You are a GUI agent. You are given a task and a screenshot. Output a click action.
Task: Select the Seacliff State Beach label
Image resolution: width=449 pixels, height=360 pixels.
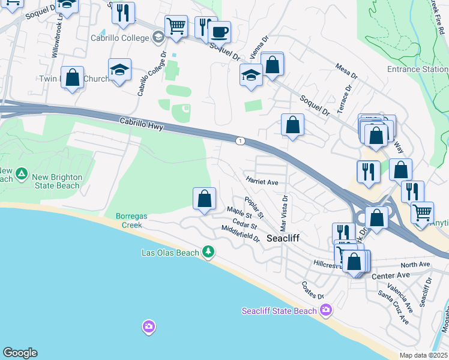(x=279, y=311)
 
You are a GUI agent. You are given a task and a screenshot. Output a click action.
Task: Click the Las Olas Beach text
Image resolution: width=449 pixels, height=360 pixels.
(x=170, y=253)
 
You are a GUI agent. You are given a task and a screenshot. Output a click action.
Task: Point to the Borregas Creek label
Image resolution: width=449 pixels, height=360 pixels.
(x=125, y=220)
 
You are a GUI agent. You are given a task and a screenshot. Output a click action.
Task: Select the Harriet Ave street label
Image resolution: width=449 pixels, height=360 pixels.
(x=262, y=181)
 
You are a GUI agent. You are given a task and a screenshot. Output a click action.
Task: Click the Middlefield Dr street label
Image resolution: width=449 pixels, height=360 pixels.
(x=240, y=234)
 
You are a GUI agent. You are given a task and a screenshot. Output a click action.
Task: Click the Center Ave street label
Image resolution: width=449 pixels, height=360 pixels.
(x=390, y=275)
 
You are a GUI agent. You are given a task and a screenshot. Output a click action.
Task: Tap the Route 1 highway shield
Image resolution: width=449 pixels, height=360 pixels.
(x=241, y=140)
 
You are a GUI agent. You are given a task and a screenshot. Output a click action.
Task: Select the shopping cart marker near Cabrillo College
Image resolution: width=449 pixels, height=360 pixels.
(x=176, y=26)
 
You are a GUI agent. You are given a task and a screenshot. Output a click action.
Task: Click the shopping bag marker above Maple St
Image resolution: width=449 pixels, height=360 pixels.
(x=204, y=198)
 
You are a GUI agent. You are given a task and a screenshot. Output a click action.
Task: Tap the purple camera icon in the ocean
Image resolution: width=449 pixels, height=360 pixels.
(x=148, y=327)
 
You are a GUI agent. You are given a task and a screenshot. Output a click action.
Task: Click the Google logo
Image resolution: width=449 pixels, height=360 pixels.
(x=19, y=353)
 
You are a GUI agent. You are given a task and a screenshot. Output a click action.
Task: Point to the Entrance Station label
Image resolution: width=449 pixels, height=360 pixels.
(x=417, y=69)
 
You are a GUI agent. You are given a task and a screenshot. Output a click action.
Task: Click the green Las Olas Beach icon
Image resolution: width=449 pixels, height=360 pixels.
(x=208, y=252)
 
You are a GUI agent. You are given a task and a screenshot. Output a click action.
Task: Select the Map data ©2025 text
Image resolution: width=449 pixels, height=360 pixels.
(x=423, y=355)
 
